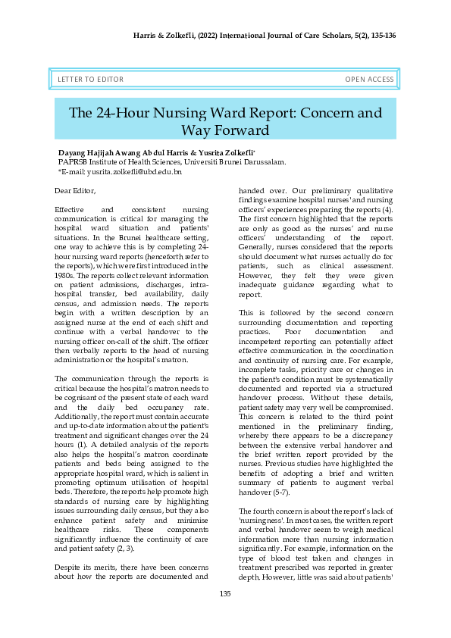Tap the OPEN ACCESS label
click(369, 80)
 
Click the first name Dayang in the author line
click(73, 152)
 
